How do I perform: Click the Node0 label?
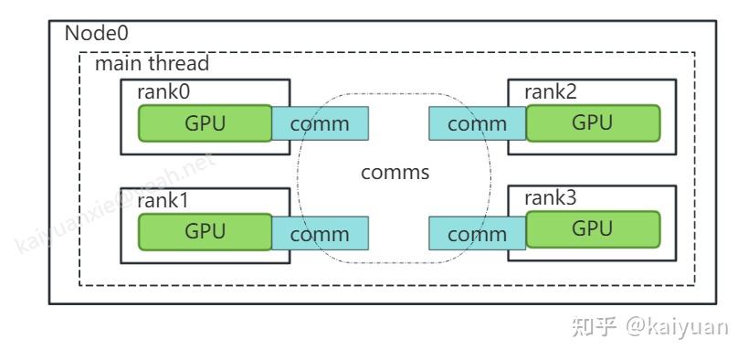click(x=96, y=34)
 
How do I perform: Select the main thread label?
click(x=152, y=64)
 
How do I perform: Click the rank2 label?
click(x=550, y=91)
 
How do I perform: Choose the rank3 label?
click(x=550, y=198)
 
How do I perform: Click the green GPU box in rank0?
click(x=205, y=123)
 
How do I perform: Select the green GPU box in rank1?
click(x=205, y=231)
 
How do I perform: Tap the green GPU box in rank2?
click(x=592, y=122)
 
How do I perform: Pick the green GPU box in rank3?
click(x=592, y=229)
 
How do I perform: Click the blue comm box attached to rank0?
click(x=320, y=124)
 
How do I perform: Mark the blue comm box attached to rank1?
click(x=320, y=234)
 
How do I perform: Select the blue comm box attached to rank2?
click(x=477, y=124)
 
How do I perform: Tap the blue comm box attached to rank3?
click(x=477, y=234)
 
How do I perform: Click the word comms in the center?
click(x=395, y=173)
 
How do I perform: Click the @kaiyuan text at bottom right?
click(x=677, y=326)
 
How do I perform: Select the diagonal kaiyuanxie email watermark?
click(x=114, y=202)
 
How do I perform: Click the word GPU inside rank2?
click(x=592, y=122)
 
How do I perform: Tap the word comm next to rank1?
click(x=320, y=234)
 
